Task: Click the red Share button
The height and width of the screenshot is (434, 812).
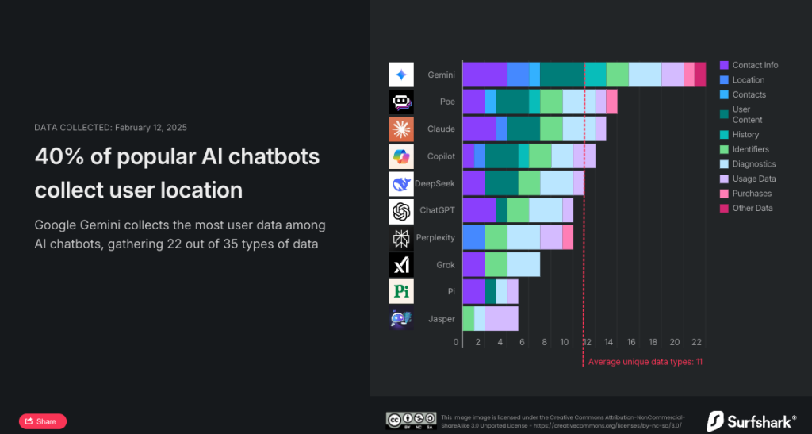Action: click(x=43, y=421)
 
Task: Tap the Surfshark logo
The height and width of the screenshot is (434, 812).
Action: click(x=752, y=421)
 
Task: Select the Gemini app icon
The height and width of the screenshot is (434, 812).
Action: click(x=401, y=75)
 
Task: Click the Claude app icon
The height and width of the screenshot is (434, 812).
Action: click(x=401, y=129)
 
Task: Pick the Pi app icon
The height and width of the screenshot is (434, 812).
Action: click(x=401, y=291)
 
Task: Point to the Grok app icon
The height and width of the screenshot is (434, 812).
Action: click(x=401, y=265)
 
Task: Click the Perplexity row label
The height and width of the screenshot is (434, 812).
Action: click(x=435, y=237)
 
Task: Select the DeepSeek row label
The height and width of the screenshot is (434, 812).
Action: click(x=435, y=183)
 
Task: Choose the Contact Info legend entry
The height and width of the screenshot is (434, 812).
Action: click(x=749, y=65)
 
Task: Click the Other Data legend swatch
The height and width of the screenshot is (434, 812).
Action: click(x=724, y=208)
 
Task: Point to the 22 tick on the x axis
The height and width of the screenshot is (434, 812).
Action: click(x=696, y=342)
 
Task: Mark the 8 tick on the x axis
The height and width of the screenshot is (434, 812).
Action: click(x=545, y=342)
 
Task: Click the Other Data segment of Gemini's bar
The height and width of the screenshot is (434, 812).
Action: click(x=700, y=75)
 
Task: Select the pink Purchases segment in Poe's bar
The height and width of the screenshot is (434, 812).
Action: click(x=611, y=102)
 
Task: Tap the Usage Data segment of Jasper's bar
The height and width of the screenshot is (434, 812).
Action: click(x=501, y=318)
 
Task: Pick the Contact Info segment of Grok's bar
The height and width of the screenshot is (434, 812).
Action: click(x=473, y=265)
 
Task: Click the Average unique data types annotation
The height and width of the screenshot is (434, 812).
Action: click(x=645, y=362)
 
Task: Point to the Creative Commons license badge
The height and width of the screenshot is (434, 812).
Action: click(x=412, y=421)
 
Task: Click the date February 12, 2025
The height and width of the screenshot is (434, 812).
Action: click(x=151, y=128)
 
